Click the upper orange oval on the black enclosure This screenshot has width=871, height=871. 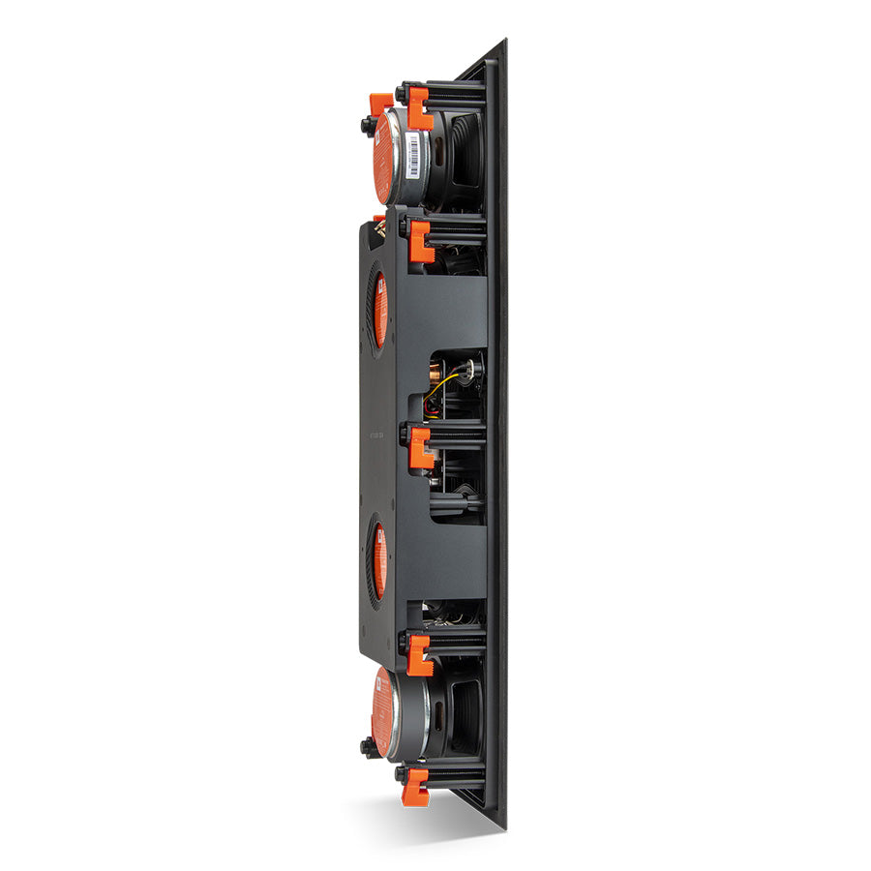click(x=379, y=310)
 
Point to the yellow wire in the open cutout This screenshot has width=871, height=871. click(x=440, y=384)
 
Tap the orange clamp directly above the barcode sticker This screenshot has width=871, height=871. click(x=419, y=106)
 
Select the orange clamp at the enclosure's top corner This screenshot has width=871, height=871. click(x=420, y=240)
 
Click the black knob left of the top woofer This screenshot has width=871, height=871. click(x=368, y=125)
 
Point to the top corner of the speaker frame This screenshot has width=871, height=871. click(x=504, y=42)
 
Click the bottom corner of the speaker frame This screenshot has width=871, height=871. click(x=503, y=827)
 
